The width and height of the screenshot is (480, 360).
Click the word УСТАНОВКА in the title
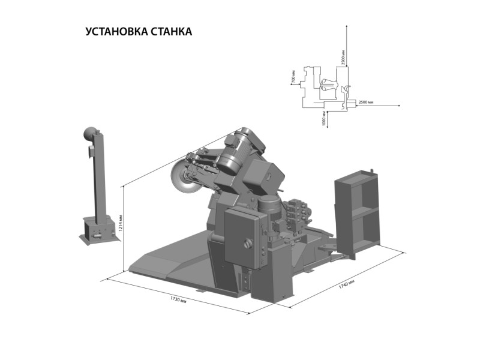point(117,31)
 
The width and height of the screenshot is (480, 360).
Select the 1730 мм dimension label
point(178,299)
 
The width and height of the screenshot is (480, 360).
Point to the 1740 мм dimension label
point(347,284)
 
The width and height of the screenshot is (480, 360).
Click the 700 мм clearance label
point(293,76)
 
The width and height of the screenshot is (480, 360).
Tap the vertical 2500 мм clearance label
point(343,58)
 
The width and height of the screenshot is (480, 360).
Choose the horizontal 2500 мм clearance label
point(365,102)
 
